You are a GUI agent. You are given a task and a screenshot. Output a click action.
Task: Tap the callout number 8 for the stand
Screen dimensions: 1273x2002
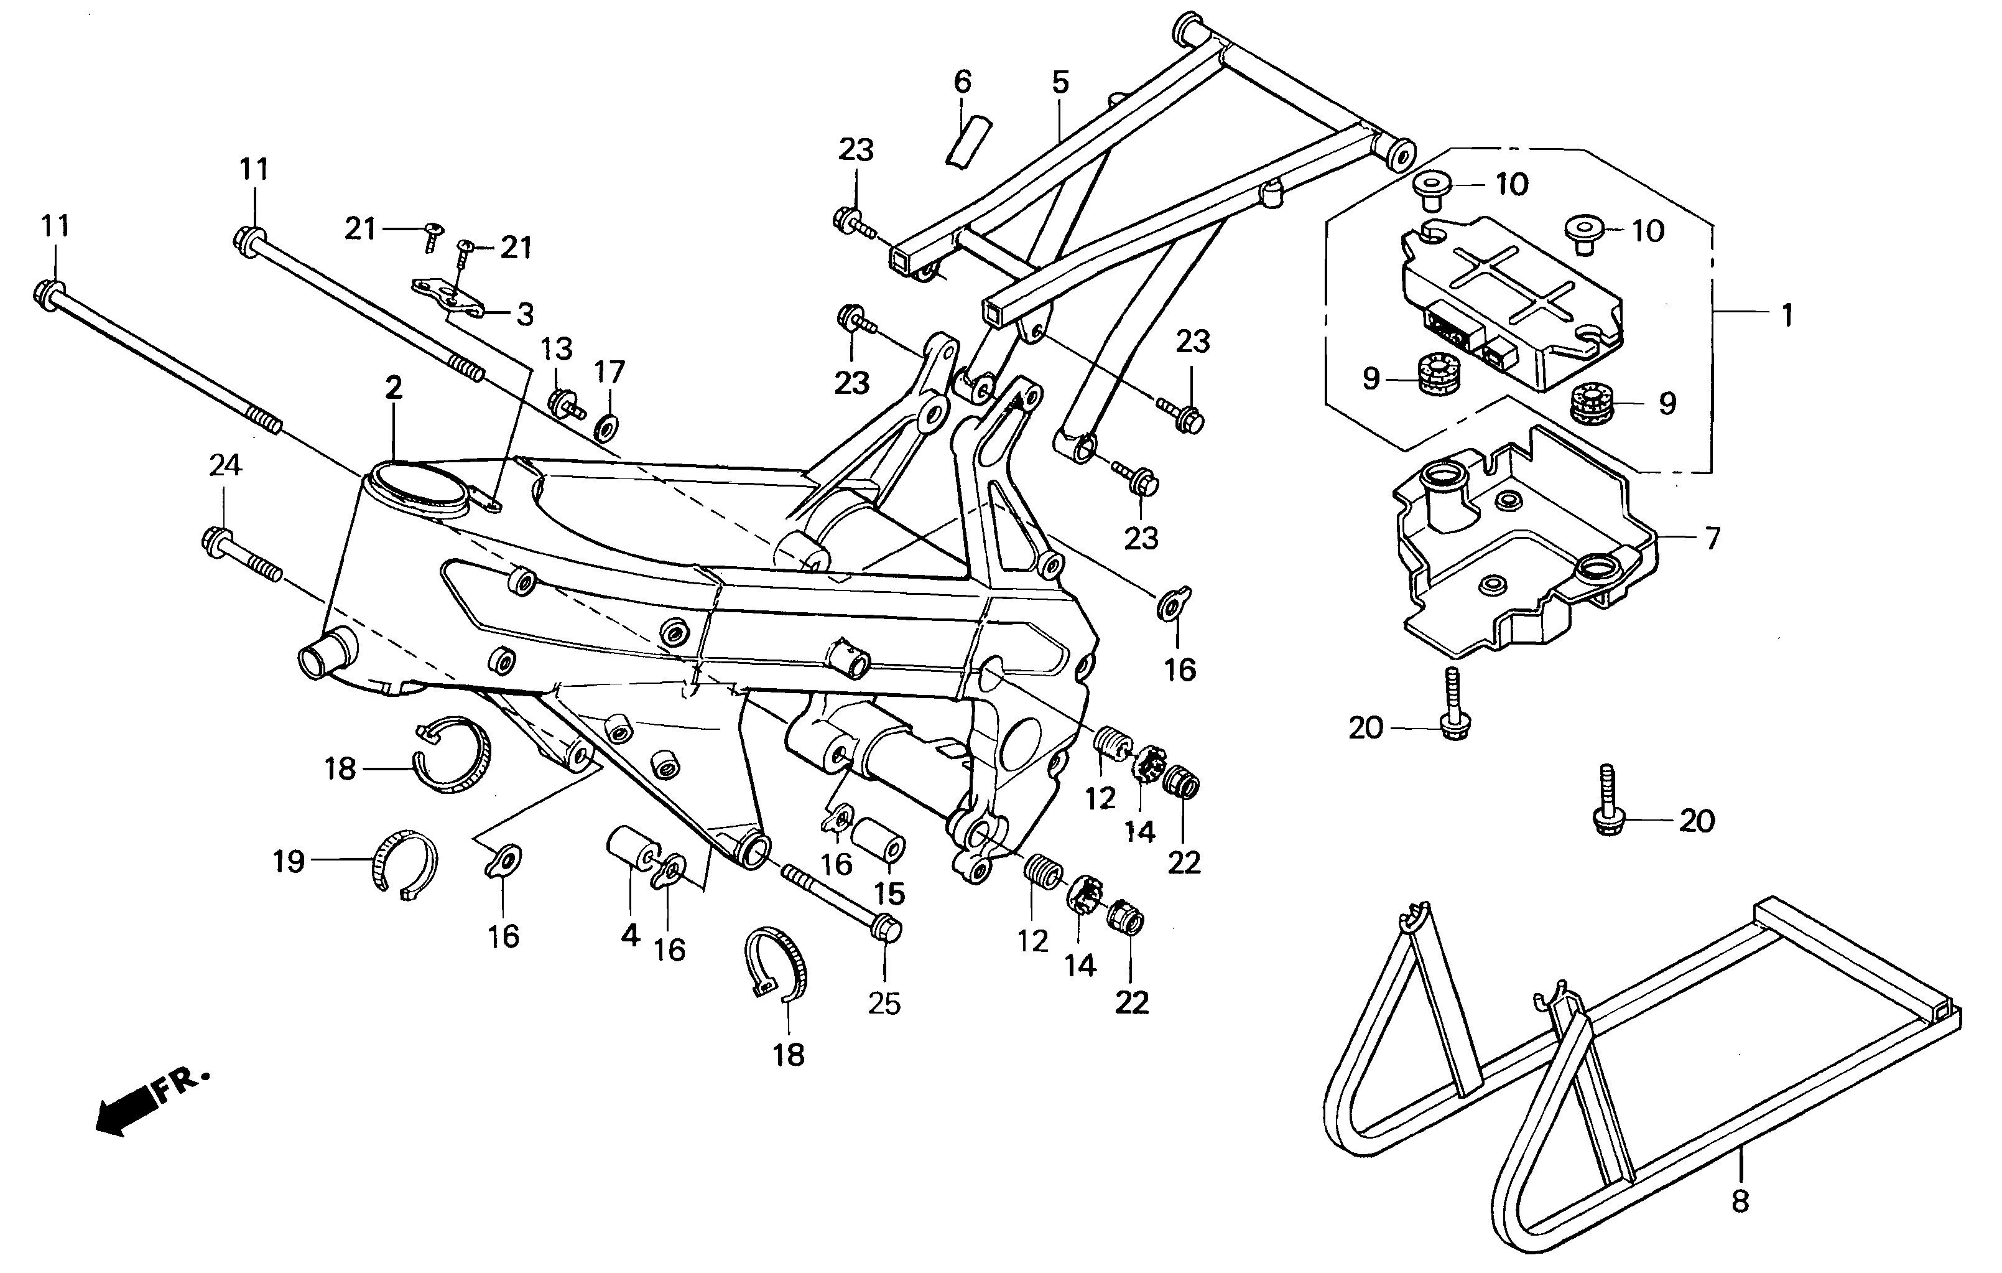[x=1740, y=1201]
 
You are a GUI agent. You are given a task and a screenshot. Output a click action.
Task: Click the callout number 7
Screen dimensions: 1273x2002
[x=1713, y=539]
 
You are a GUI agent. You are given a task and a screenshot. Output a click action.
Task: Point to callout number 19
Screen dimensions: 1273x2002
[x=289, y=861]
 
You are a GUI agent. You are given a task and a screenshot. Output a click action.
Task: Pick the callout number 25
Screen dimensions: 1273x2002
[x=884, y=1004]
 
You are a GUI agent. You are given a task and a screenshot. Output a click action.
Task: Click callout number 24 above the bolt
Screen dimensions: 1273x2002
[x=225, y=465]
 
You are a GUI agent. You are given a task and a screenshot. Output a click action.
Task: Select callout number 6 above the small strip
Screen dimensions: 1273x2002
[x=962, y=82]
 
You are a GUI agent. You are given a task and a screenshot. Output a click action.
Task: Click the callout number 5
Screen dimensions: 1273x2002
[x=1060, y=82]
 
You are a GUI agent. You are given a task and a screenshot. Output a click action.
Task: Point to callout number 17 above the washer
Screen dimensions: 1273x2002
[x=609, y=371]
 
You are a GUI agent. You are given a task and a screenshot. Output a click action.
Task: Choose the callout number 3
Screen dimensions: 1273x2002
[x=525, y=314]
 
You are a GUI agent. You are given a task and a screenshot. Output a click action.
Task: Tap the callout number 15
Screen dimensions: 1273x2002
[x=889, y=894]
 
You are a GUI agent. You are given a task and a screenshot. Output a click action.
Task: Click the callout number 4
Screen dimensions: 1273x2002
[x=630, y=935]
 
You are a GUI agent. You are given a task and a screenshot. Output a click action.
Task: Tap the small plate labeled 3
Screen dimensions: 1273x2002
[x=449, y=297]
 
